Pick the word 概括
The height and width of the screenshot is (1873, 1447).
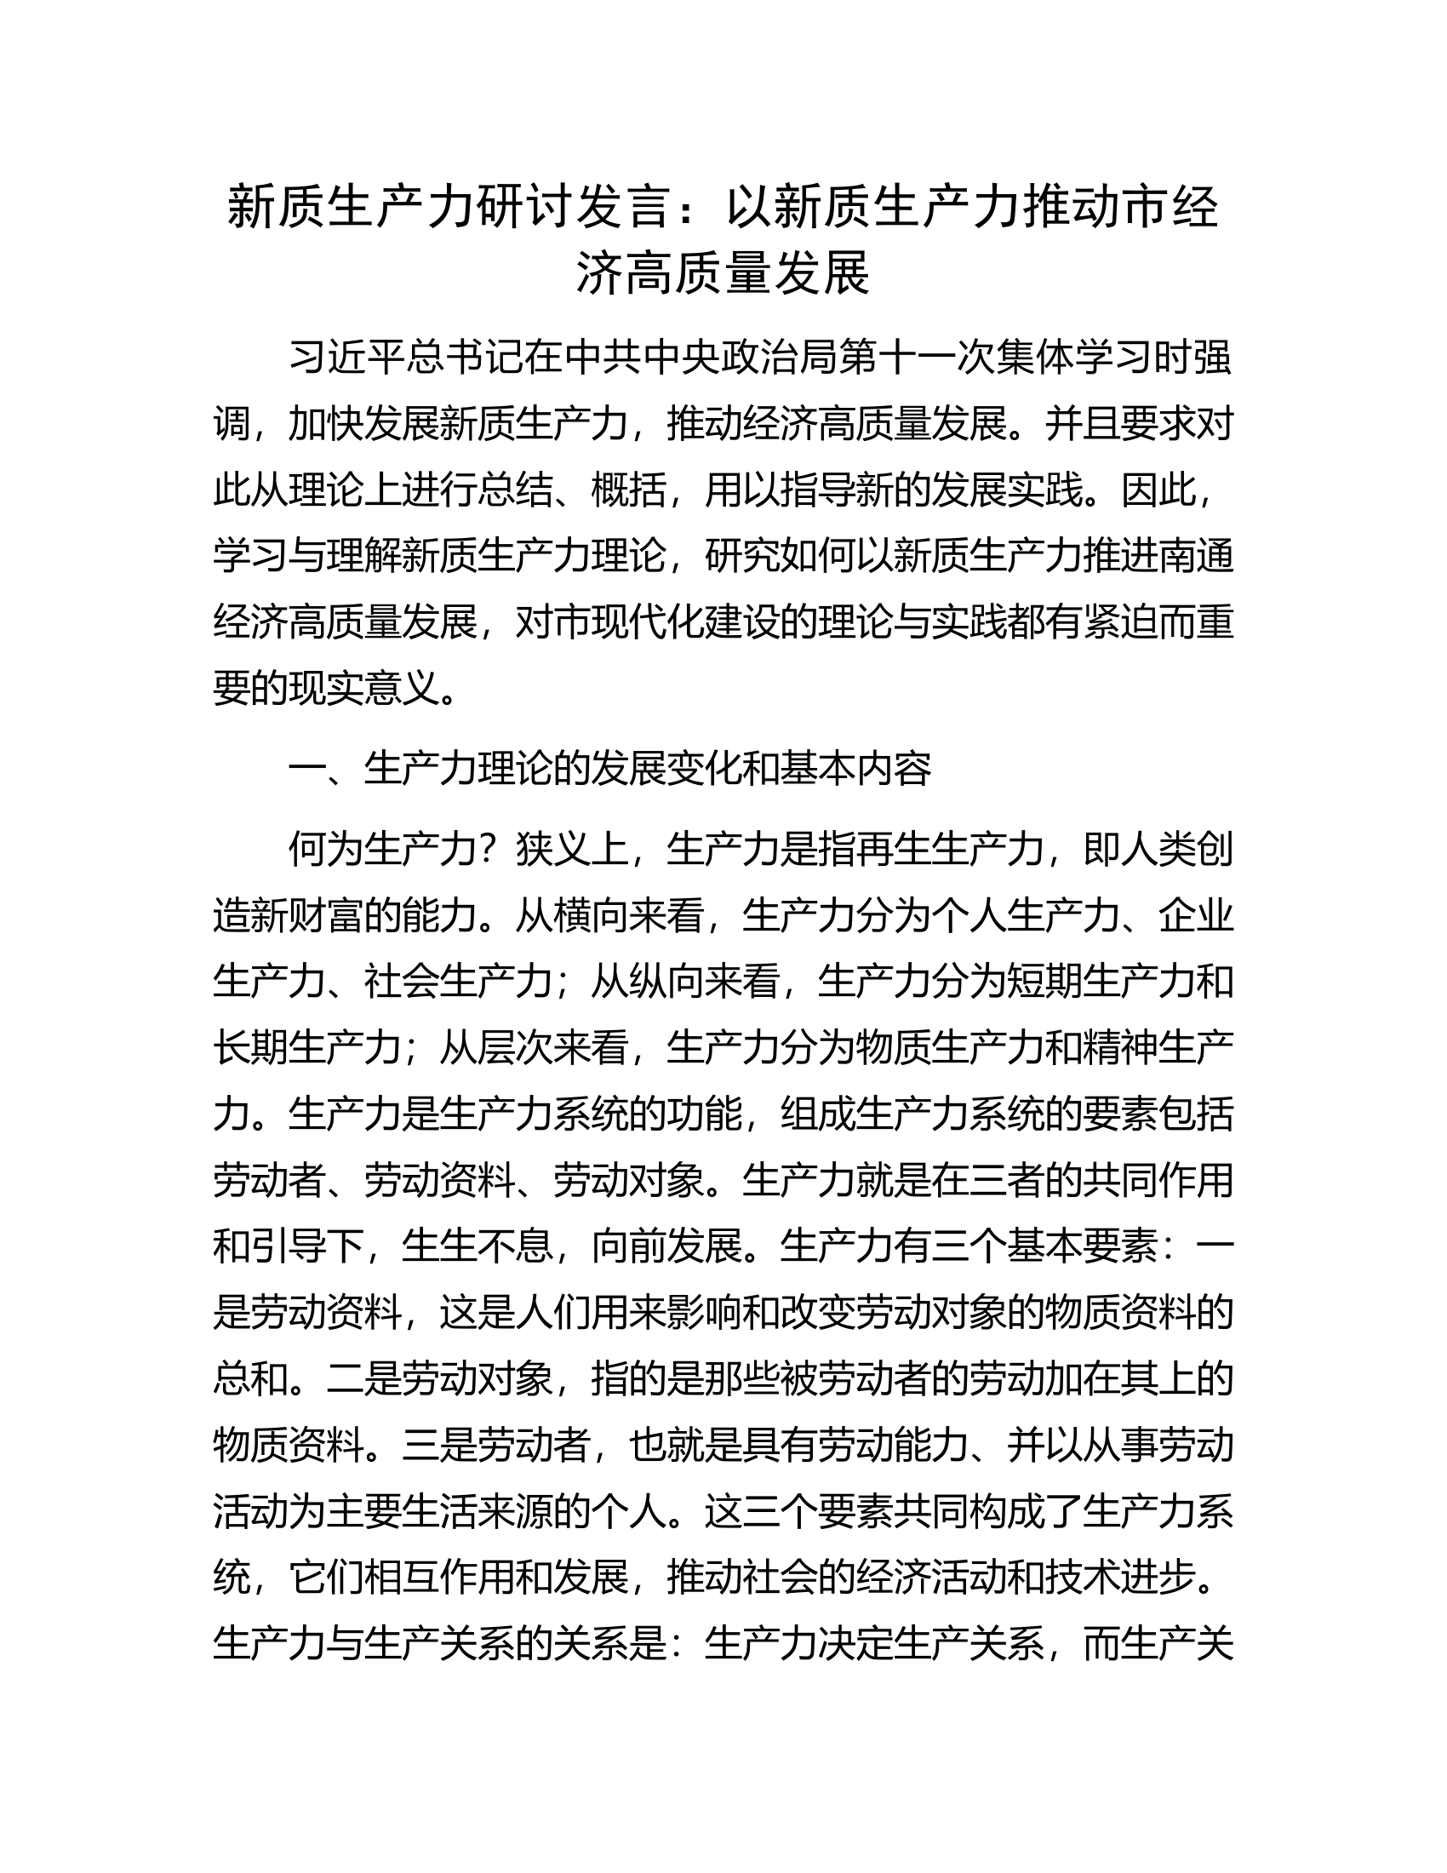coord(629,491)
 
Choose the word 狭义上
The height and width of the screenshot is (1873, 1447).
coord(572,850)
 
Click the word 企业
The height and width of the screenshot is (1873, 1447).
coord(1196,916)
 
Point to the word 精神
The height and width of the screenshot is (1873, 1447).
coord(1120,1048)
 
